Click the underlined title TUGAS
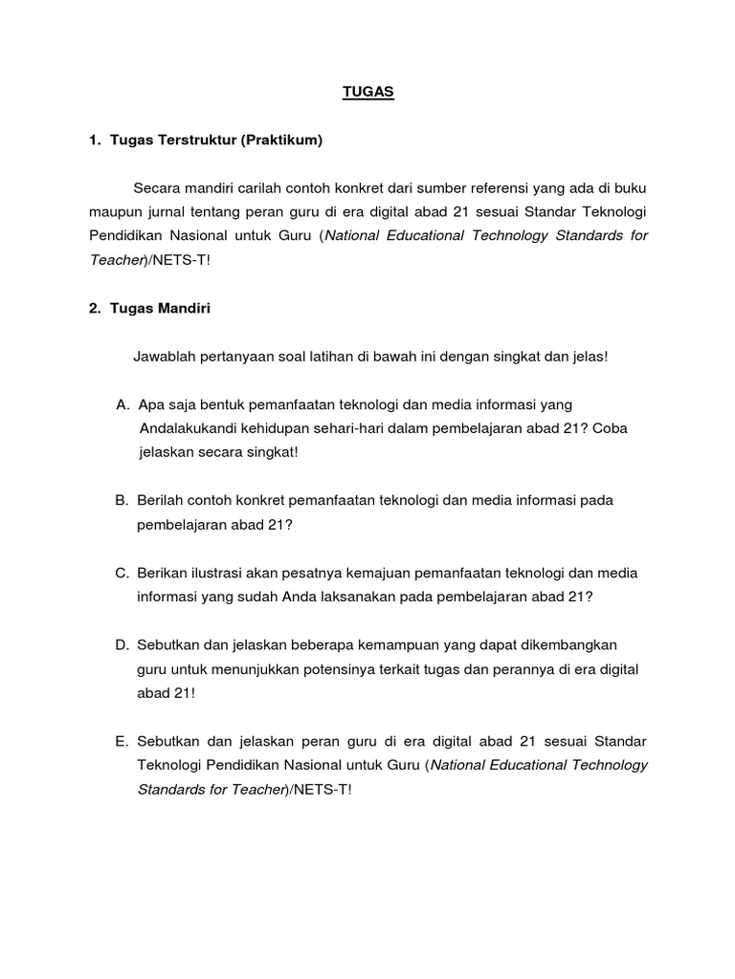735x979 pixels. coord(368,94)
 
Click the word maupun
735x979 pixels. coord(113,211)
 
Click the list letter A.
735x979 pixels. coord(122,404)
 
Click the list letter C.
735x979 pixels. coord(122,573)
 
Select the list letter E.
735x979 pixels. coord(122,742)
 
